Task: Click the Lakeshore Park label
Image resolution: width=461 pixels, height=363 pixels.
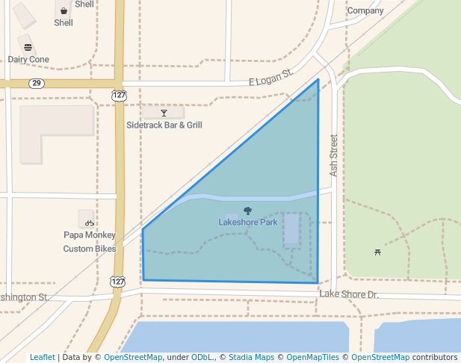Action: (247, 222)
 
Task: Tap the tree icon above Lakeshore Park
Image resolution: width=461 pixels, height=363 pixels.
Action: (248, 211)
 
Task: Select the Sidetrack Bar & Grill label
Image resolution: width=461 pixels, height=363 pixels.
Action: (164, 125)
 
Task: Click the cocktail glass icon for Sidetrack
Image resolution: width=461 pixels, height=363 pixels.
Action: (164, 114)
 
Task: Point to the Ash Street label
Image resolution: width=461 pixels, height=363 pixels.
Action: (334, 155)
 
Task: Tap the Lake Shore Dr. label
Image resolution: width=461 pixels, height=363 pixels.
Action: (349, 294)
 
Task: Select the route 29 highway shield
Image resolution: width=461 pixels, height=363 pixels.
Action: (37, 83)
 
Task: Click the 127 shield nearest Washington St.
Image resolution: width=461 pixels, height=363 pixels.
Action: (117, 281)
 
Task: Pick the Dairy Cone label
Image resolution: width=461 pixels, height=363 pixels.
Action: (28, 60)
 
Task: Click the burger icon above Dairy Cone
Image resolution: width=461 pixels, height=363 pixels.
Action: (28, 47)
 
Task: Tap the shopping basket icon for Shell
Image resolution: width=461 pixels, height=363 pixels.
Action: (64, 11)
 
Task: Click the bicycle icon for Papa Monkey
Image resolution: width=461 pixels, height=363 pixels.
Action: (89, 223)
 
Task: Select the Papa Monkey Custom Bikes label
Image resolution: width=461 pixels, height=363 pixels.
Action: (89, 241)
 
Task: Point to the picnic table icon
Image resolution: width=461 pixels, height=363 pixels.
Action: (377, 252)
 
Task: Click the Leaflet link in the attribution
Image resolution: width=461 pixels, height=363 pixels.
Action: (42, 357)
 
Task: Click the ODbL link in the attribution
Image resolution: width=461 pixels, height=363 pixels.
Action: (202, 357)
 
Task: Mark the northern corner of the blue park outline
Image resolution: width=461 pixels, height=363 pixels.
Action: (318, 79)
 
